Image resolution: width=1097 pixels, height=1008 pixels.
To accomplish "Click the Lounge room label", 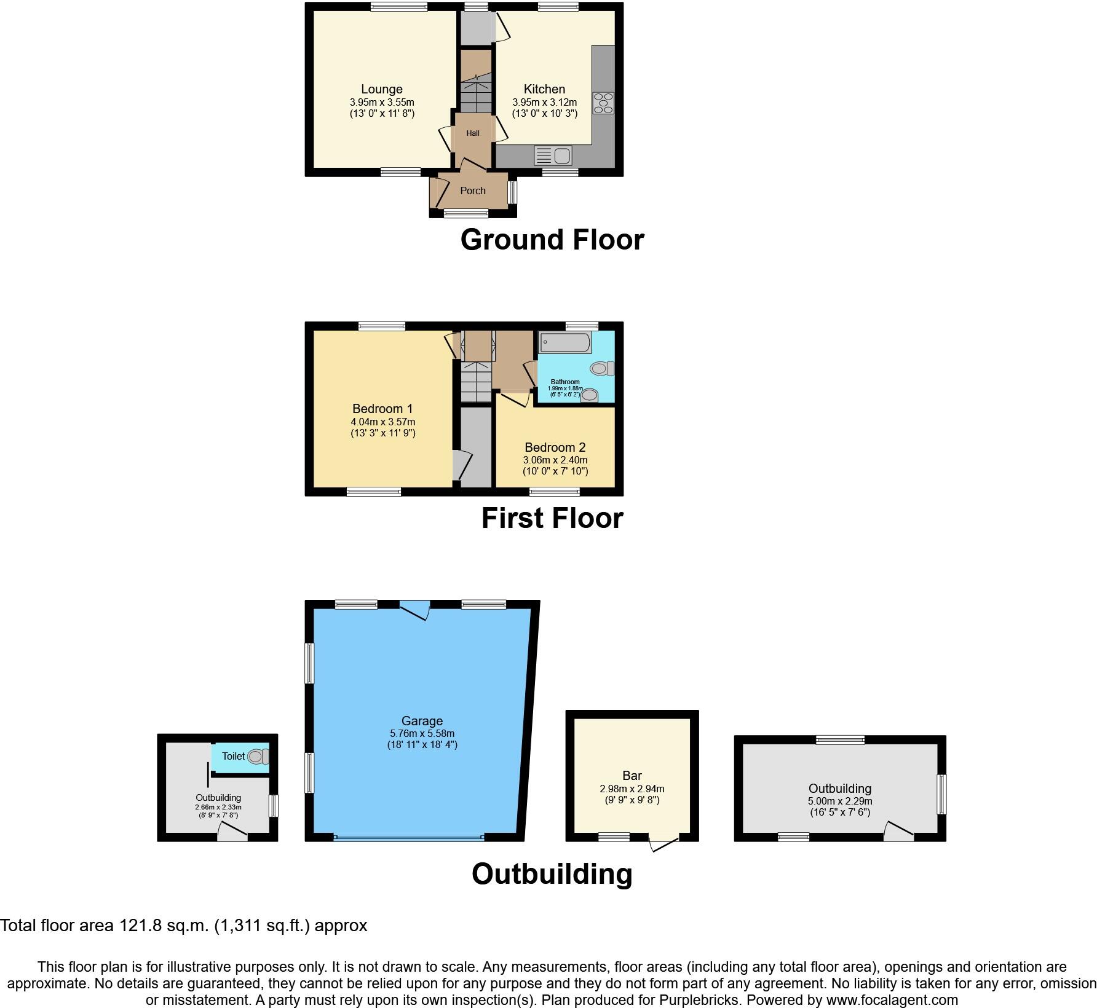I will pos(381,89).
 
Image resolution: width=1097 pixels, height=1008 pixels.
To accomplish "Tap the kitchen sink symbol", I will pos(553,155).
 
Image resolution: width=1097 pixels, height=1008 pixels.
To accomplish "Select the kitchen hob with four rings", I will pos(603,103).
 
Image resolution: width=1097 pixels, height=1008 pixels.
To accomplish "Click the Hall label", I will pos(472,133).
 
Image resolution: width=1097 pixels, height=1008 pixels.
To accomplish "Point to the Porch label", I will pos(472,191).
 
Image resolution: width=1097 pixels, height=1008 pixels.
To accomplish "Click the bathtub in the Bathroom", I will pos(565,342).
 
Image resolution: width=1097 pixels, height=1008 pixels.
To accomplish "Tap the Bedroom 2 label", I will pos(555,447).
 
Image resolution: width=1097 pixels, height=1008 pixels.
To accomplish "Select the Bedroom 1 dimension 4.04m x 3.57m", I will pos(382,422).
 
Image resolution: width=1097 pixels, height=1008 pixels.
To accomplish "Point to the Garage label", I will pos(422,721).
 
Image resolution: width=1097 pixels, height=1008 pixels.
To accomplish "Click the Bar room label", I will pos(632,776).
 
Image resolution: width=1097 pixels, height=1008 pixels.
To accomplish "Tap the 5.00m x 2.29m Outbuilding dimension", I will pos(839,801).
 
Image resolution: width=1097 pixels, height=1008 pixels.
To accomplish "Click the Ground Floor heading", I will pos(552,240).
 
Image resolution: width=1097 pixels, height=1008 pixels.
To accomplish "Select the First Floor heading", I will pos(552,518).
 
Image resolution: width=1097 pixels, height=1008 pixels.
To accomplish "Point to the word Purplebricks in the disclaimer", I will pos(702,1000).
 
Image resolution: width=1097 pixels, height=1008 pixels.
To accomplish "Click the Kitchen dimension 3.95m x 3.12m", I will pos(544,103).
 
